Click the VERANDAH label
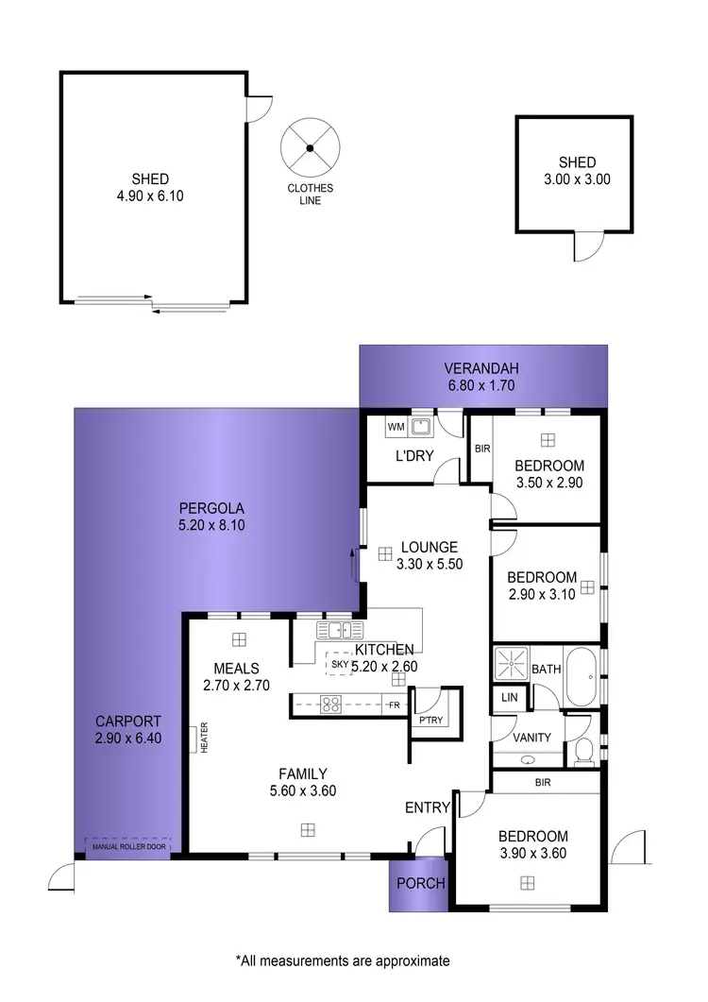point(484,368)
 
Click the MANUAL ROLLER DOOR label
point(128,846)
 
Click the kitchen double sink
point(334,630)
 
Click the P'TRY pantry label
point(430,722)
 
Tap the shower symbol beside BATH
point(510,664)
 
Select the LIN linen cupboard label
point(510,697)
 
